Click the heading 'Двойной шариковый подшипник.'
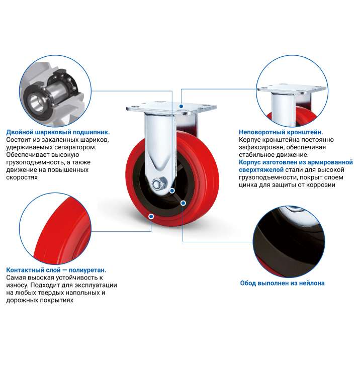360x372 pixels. coord(58,132)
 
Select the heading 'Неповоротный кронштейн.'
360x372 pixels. coord(281,132)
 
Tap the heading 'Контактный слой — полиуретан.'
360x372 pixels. coord(56,270)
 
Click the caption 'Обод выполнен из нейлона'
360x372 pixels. coord(282,283)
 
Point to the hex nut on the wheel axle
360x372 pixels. coord(157,184)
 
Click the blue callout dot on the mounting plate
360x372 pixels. coord(181,106)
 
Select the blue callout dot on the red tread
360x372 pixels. coord(151,216)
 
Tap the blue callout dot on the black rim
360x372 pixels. coord(183,203)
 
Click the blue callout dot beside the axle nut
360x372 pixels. coord(172,191)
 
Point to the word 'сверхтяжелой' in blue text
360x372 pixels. coord(261,170)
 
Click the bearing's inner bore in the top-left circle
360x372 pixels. coord(35,103)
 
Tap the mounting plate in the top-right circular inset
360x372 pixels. coord(292,89)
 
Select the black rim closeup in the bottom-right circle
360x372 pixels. coord(285,244)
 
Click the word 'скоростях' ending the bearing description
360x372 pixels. coord(22,177)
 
